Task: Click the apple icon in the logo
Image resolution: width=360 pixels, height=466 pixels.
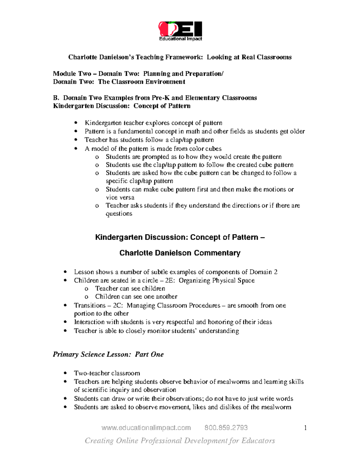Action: [x=166, y=29]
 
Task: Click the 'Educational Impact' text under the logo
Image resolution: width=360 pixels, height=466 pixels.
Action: [x=180, y=39]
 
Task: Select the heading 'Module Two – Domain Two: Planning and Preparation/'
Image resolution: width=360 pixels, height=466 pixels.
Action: [x=138, y=74]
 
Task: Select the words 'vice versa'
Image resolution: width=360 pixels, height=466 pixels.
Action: [x=120, y=197]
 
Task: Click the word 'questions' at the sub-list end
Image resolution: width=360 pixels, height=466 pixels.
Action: [x=119, y=214]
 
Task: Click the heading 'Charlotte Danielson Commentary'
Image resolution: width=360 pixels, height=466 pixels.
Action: [x=180, y=253]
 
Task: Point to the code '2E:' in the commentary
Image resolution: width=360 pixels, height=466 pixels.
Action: [x=170, y=281]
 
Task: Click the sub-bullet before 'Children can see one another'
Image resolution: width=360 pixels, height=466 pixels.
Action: [x=86, y=297]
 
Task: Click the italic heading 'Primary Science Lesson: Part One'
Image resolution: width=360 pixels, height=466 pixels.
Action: [x=108, y=354]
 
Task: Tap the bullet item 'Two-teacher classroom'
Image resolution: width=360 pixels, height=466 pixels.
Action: [x=107, y=373]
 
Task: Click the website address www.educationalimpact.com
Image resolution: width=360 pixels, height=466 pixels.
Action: [x=146, y=428]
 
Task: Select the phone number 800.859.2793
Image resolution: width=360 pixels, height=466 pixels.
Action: [x=226, y=428]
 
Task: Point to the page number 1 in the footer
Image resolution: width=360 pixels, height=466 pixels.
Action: [x=305, y=428]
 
